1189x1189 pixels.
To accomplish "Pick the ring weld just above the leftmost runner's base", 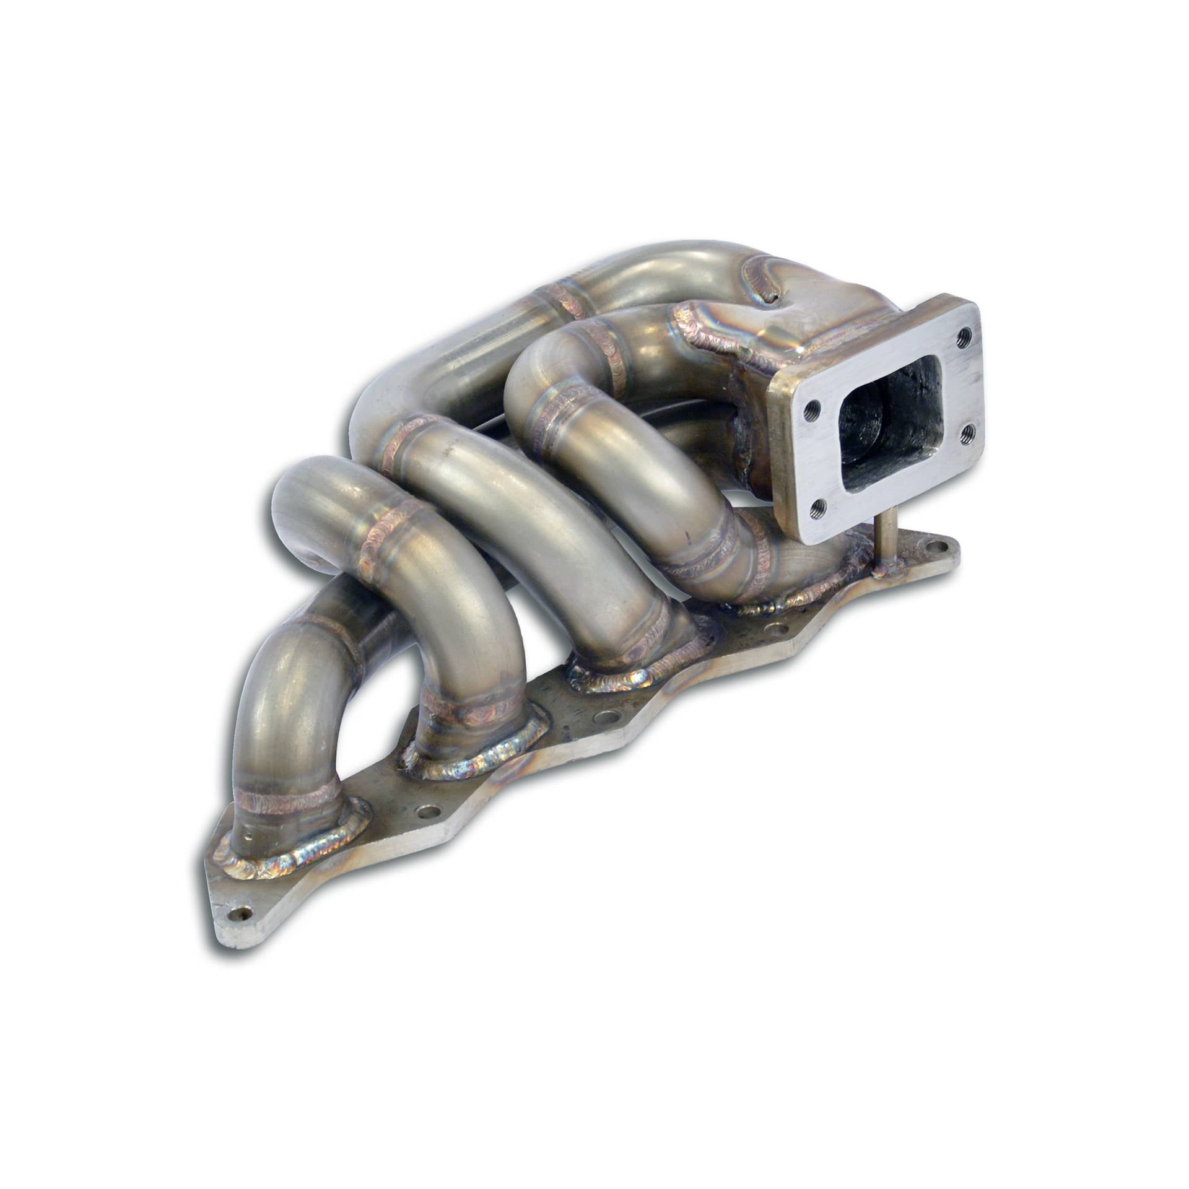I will pos(285,799).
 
